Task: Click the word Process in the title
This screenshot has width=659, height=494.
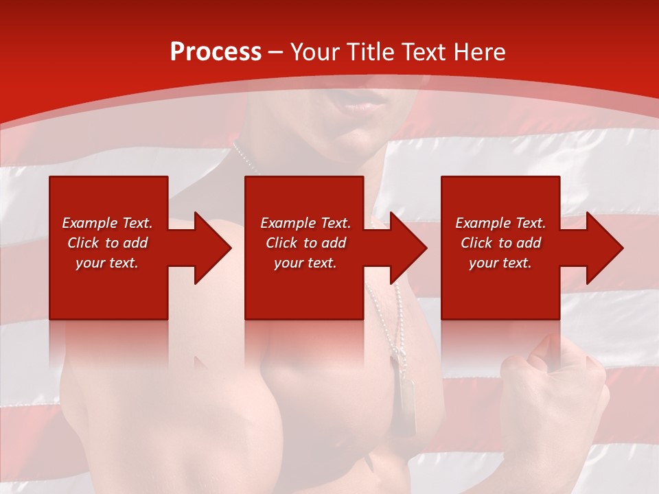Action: [x=216, y=52]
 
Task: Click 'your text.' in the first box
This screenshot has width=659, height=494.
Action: [x=107, y=263]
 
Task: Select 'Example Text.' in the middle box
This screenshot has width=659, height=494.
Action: [x=305, y=223]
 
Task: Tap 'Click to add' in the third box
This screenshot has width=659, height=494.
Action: [x=500, y=243]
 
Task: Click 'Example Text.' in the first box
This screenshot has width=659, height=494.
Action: [x=107, y=223]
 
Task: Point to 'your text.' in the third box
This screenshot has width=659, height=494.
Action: [x=500, y=263]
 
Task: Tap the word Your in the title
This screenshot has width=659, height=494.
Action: [x=314, y=52]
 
